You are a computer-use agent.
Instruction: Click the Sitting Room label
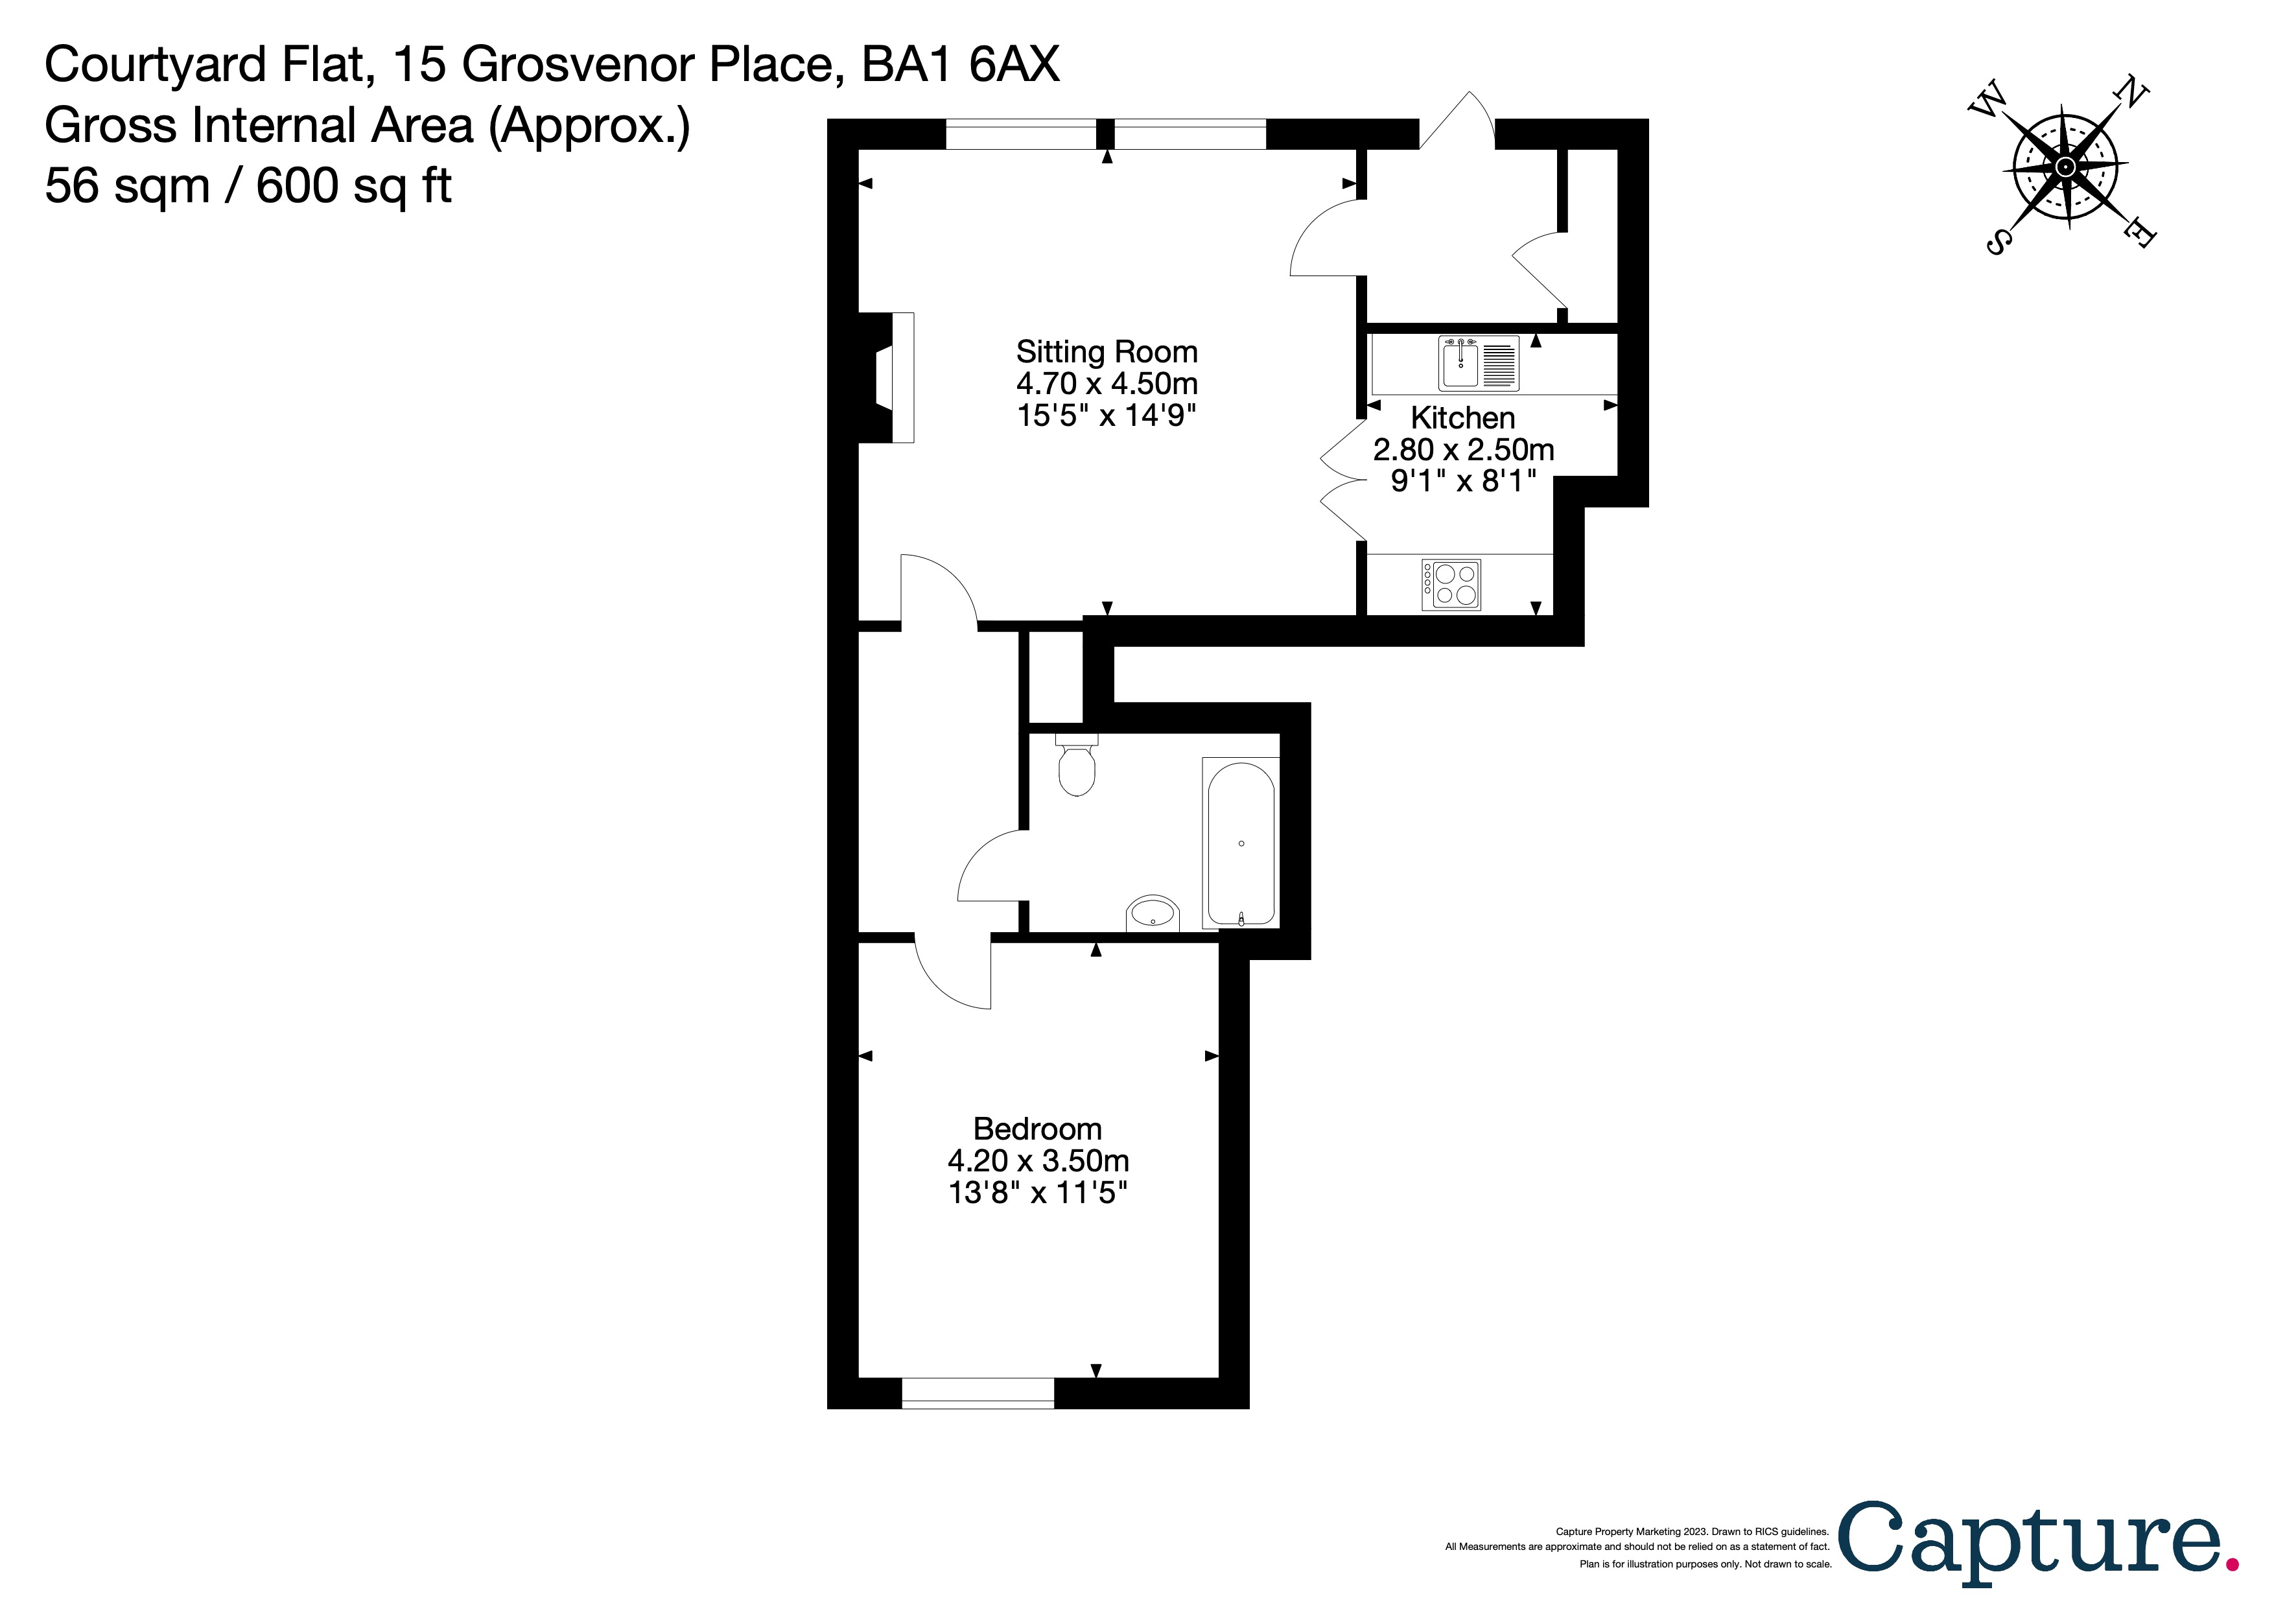point(1107,353)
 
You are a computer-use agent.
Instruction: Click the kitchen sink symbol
point(1478,364)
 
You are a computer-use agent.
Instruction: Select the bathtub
point(1240,843)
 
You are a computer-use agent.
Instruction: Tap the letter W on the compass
point(1987,101)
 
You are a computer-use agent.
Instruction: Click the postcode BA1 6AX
point(960,65)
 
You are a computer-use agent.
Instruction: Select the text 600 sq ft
point(353,186)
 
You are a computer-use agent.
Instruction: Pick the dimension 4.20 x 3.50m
point(1038,1160)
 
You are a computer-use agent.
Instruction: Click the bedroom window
point(978,1392)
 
